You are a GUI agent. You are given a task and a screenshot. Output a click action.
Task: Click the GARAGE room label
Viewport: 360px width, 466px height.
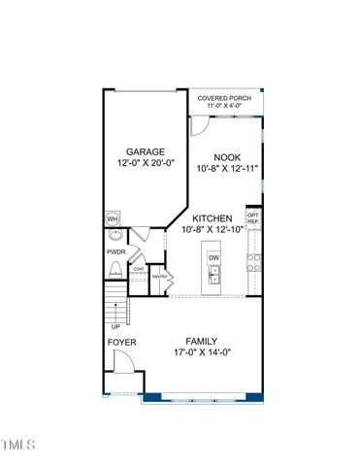146,151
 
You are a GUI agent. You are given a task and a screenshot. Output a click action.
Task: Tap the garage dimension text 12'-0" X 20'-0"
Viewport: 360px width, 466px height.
146,164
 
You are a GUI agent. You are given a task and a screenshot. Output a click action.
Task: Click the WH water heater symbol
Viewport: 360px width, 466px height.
113,219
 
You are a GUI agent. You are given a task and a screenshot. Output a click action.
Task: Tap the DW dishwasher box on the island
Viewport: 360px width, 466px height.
213,257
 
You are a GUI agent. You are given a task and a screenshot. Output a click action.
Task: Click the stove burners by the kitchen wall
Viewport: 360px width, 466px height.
253,262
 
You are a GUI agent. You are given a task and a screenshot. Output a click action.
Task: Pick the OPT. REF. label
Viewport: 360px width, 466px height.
253,218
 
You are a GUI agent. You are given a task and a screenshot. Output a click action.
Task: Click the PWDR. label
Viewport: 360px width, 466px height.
117,251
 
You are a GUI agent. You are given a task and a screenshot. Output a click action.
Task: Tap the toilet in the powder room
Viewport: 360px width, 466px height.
115,269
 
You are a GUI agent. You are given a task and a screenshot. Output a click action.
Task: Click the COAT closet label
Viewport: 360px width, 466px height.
139,269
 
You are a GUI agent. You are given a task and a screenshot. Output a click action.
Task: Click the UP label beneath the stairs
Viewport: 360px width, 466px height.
116,326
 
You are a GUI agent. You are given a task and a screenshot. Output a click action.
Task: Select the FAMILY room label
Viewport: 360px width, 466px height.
203,341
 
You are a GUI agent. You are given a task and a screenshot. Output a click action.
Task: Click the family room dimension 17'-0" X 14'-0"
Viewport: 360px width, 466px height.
203,353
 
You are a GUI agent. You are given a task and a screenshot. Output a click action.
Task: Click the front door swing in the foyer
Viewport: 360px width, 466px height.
122,364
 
